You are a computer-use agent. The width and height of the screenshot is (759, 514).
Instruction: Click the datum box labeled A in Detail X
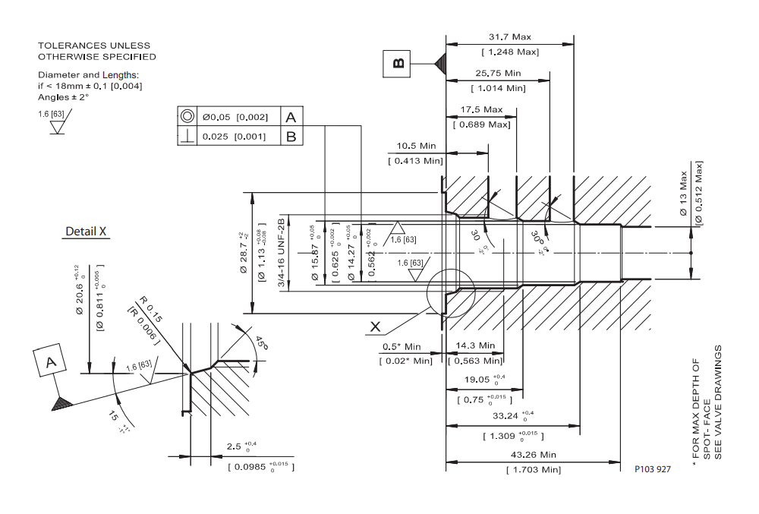click(51, 363)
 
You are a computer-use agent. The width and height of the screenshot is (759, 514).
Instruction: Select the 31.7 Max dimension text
click(510, 36)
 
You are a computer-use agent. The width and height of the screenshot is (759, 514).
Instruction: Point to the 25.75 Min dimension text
click(498, 74)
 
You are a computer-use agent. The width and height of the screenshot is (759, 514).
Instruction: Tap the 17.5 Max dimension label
click(481, 110)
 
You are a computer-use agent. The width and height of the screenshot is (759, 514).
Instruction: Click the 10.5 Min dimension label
click(417, 146)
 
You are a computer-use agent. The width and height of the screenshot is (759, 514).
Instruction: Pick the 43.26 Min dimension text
click(534, 455)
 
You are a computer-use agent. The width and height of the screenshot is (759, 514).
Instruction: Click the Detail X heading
click(86, 232)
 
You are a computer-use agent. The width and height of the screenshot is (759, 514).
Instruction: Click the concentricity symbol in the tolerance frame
click(187, 117)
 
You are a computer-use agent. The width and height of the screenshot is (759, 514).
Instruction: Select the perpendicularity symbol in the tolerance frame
click(187, 137)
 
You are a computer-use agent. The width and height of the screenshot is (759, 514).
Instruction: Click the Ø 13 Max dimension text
click(683, 197)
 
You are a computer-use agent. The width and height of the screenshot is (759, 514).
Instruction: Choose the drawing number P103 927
click(652, 469)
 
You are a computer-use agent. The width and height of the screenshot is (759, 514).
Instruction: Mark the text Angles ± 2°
click(64, 97)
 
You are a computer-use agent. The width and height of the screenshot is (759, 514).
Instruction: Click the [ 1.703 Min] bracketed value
click(534, 470)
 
